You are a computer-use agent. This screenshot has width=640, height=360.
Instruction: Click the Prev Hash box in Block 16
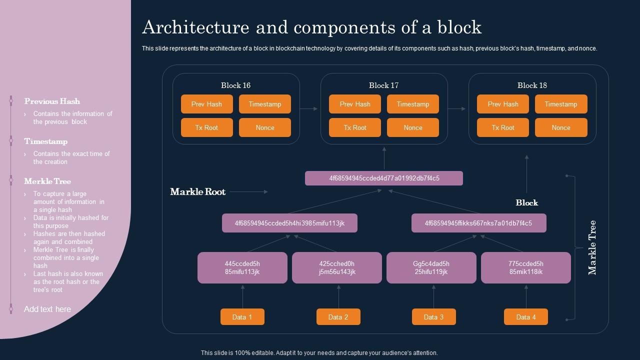[x=206, y=104]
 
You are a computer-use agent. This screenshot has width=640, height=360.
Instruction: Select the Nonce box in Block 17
[x=412, y=127]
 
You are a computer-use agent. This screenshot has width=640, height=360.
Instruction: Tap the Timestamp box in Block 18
[x=560, y=104]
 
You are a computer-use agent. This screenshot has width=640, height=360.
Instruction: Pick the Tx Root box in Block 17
[x=354, y=127]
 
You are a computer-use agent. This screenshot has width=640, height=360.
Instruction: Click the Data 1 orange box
[x=242, y=317]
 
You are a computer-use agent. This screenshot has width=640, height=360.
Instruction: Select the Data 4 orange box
[x=525, y=317]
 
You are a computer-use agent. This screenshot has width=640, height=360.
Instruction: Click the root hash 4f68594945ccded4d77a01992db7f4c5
[x=383, y=178]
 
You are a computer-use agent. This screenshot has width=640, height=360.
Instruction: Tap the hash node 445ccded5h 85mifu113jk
[x=242, y=267]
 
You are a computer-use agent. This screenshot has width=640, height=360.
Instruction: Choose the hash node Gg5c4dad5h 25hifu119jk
[x=431, y=267]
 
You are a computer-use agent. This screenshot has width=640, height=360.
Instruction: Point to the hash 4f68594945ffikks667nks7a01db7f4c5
[x=478, y=223]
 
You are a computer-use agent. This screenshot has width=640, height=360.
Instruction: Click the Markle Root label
[x=197, y=191]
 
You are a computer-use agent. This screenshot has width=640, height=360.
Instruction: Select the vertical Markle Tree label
[x=592, y=247]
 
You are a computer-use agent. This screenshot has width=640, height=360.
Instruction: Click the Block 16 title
[x=235, y=85]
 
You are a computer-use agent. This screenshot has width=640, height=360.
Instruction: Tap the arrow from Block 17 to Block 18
[x=457, y=108]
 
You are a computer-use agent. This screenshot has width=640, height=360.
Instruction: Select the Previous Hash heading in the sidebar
[x=52, y=101]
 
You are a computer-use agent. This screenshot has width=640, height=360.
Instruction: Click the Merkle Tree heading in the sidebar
[x=47, y=181]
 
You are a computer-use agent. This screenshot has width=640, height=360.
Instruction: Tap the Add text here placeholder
[x=47, y=309]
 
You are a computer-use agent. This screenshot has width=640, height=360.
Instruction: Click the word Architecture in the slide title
[x=195, y=27]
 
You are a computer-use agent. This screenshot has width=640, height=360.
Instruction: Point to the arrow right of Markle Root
[x=249, y=191]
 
